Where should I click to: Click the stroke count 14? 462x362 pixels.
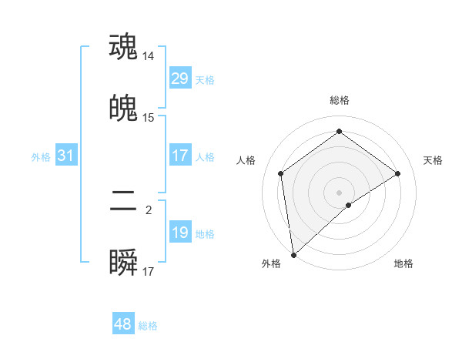tap(149, 56)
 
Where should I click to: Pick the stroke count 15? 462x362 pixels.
tap(149, 118)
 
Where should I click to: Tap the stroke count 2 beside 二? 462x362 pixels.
tap(149, 209)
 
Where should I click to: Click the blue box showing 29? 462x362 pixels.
tap(179, 79)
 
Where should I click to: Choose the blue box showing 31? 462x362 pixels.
tap(66, 156)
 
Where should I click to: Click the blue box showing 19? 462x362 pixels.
tap(179, 233)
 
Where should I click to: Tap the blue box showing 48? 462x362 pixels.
tap(123, 324)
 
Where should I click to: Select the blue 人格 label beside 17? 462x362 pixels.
tap(205, 157)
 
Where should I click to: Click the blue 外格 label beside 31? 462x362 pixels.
tap(41, 157)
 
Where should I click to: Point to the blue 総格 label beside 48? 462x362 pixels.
tap(148, 326)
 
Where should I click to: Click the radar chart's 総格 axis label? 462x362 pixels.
tap(340, 100)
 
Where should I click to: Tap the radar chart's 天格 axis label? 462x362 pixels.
tap(434, 160)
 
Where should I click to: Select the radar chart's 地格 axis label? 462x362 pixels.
tap(403, 263)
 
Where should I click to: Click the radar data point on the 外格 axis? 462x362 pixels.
tap(293, 254)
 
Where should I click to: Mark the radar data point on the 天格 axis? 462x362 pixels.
tap(398, 173)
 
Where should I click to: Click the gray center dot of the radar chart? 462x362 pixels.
tap(340, 192)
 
